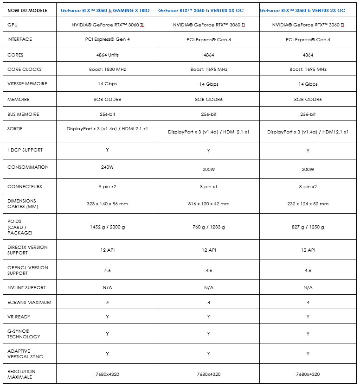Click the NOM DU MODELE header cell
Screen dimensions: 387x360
tap(27, 11)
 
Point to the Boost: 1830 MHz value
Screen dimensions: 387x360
tap(107, 70)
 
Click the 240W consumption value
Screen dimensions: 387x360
tap(107, 167)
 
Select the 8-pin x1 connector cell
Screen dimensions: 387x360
tap(208, 186)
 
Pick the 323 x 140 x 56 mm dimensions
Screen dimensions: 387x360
tap(107, 203)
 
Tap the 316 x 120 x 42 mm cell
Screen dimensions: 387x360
tap(208, 203)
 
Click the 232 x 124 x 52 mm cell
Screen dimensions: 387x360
tap(308, 203)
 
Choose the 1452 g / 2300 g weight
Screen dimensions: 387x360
tap(107, 227)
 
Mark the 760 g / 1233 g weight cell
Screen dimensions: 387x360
tap(208, 227)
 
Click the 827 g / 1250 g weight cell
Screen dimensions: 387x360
tap(308, 227)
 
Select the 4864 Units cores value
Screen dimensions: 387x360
tap(107, 55)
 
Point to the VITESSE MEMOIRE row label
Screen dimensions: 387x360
tap(27, 84)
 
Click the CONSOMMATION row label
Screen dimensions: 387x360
tap(28, 167)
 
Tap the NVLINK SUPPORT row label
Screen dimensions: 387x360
tap(26, 287)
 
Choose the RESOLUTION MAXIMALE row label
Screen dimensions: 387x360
tap(21, 374)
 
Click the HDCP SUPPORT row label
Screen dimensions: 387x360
tap(25, 150)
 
